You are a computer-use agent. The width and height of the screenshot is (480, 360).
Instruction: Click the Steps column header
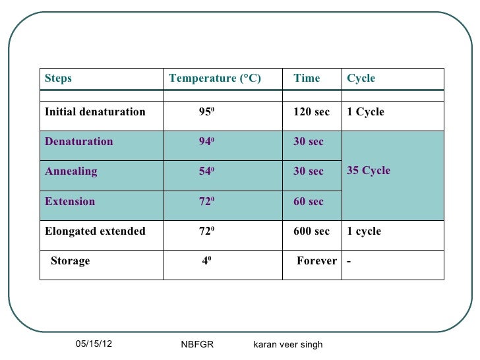[58, 78]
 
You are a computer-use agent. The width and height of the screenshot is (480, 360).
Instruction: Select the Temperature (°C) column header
[215, 78]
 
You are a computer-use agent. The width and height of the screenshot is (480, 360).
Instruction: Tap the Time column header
[307, 78]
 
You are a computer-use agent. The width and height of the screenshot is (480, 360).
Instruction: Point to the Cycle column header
[361, 78]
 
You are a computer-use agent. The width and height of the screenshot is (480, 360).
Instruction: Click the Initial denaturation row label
[95, 112]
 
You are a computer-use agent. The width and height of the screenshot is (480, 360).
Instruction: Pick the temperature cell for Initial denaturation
[208, 112]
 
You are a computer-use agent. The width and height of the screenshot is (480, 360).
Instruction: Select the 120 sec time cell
[311, 112]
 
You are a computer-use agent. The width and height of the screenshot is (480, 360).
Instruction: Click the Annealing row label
[71, 171]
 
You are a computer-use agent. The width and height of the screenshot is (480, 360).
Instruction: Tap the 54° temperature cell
[208, 171]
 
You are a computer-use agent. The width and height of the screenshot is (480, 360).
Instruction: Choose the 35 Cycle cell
[369, 171]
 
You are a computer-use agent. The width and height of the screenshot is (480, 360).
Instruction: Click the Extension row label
[70, 202]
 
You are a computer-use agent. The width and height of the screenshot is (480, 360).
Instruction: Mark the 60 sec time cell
[309, 202]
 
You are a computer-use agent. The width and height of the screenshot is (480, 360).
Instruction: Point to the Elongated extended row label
[95, 231]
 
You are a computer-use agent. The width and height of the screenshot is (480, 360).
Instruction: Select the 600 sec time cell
[311, 231]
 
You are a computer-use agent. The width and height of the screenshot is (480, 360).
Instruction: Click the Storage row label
[70, 261]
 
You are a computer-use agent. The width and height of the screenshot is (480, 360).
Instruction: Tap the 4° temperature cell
[206, 261]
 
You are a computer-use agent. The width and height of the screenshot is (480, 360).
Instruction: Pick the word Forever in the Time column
[316, 261]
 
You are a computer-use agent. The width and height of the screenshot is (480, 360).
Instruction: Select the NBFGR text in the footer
[197, 345]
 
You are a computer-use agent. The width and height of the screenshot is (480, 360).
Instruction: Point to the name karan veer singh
[287, 345]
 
